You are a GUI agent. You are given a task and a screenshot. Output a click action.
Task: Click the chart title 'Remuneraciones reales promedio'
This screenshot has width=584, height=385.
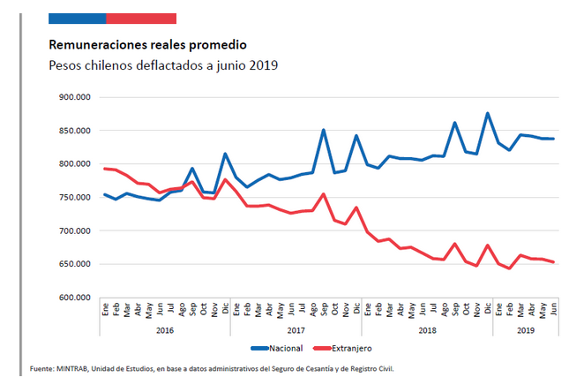pyautogui.click(x=147, y=44)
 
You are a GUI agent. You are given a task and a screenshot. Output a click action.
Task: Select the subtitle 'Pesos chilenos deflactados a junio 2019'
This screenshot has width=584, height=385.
pyautogui.click(x=163, y=65)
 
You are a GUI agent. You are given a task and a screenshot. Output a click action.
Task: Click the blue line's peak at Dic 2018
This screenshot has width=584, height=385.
pyautogui.click(x=488, y=113)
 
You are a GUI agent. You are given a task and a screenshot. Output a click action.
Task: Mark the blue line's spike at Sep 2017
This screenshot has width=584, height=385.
pyautogui.click(x=324, y=130)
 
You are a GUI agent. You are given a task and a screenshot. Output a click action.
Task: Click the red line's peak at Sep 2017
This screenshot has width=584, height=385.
pyautogui.click(x=324, y=193)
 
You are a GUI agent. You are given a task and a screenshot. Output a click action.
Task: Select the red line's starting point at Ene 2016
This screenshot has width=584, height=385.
pyautogui.click(x=105, y=169)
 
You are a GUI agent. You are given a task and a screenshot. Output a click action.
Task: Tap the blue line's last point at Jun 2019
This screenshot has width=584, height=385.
pyautogui.click(x=553, y=139)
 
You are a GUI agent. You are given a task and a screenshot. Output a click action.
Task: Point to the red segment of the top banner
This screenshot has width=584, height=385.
pyautogui.click(x=140, y=18)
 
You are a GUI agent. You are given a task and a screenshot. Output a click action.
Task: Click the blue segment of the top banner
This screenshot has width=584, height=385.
pyautogui.click(x=77, y=18)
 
